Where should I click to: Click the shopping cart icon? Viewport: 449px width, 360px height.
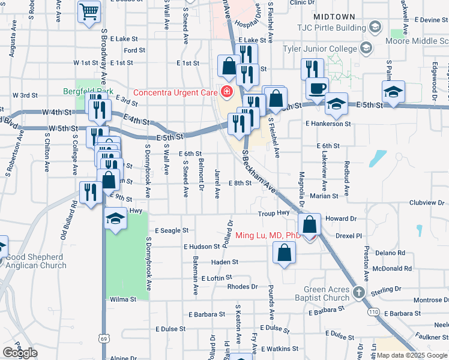pos(89,12)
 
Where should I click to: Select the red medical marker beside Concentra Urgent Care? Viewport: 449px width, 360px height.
pos(227,92)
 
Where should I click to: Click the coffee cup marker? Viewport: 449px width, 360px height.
pos(317,88)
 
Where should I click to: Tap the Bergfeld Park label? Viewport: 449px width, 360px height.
pos(88,91)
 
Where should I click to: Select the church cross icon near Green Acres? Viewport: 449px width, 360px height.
pos(358,293)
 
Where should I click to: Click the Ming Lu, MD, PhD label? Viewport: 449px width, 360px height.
pos(267,235)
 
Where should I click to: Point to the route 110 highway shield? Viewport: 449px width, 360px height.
pos(374,313)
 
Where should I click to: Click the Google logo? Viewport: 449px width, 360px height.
pos(20,353)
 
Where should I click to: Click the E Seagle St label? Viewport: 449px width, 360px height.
pos(172,230)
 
